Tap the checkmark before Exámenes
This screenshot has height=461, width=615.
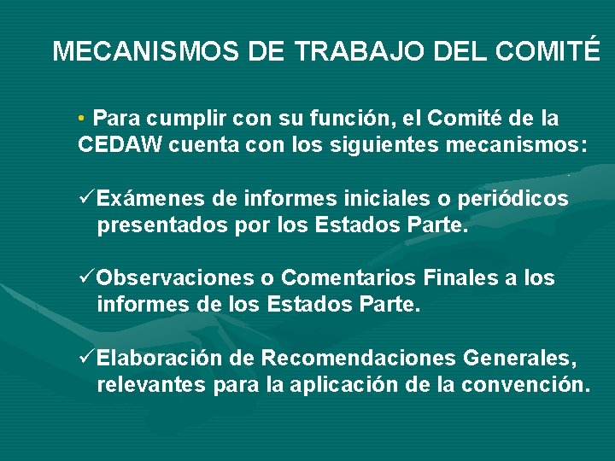[x=85, y=199]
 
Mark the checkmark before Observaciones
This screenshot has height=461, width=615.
[x=85, y=278]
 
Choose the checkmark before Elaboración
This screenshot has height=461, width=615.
[x=85, y=357]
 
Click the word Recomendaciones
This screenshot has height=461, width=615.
[x=360, y=358]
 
